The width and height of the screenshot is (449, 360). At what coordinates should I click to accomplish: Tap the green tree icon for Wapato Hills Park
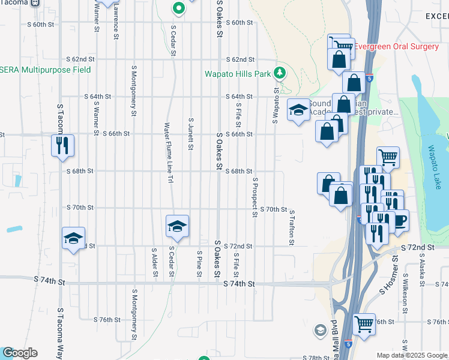279,73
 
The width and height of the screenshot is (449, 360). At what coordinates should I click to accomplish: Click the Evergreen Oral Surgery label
397,46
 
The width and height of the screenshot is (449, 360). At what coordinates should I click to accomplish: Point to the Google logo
19,353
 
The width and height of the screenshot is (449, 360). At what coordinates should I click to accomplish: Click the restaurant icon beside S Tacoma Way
62,146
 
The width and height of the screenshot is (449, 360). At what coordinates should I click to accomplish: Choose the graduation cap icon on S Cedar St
177,227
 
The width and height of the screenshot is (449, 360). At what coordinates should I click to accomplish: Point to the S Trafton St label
292,227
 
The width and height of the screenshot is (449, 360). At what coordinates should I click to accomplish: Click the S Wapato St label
276,106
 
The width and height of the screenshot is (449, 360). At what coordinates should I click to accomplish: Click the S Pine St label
199,264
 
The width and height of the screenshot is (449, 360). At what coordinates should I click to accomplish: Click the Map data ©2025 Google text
412,355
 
